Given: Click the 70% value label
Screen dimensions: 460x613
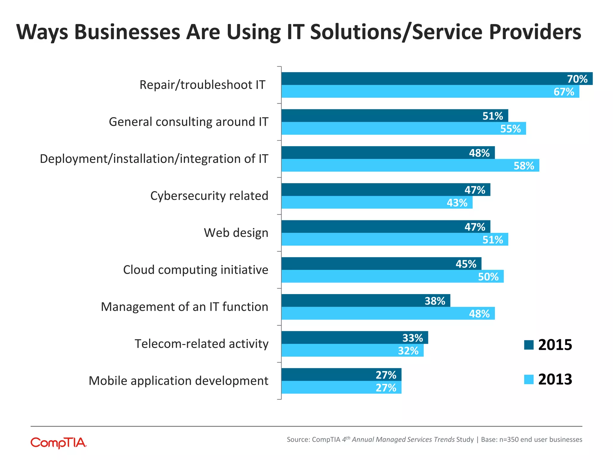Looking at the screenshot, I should [x=577, y=79].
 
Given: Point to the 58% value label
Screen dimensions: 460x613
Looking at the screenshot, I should [x=524, y=166].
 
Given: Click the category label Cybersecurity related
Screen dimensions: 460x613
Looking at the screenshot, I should [x=209, y=196].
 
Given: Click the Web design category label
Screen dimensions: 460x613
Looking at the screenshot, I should [x=236, y=233].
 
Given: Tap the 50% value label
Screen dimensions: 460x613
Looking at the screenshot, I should [x=488, y=277].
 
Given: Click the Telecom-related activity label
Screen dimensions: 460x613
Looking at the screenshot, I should [x=201, y=344].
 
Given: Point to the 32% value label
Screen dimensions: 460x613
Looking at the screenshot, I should [x=408, y=351].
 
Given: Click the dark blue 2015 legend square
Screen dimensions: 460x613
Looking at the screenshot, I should [x=529, y=345].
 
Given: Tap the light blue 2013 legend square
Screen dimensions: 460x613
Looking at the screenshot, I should [x=529, y=379].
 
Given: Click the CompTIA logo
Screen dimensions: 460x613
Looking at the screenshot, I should [x=59, y=443].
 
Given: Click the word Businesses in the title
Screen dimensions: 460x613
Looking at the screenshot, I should [x=127, y=32].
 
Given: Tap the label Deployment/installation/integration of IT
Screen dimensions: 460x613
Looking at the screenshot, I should [x=154, y=159].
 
